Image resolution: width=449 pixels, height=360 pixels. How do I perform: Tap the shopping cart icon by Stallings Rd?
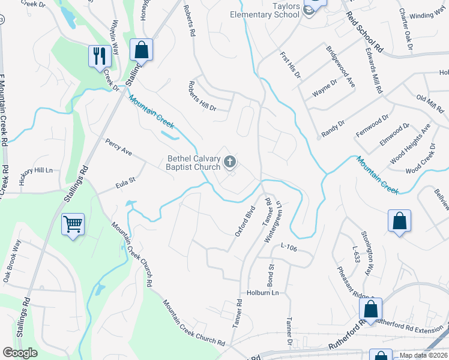coord(73,225)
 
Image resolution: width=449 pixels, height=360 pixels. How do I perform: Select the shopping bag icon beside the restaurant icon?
coord(142,50)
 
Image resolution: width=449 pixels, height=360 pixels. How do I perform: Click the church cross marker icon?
coord(229,161)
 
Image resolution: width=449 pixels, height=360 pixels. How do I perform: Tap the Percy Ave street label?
coord(118,148)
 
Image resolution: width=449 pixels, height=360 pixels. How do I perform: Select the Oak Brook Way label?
coord(12,262)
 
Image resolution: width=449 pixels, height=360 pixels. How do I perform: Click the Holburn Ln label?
coord(263,293)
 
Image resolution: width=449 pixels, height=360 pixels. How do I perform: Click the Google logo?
coord(20,353)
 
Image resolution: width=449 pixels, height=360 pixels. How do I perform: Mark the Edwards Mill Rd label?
coord(373,70)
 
